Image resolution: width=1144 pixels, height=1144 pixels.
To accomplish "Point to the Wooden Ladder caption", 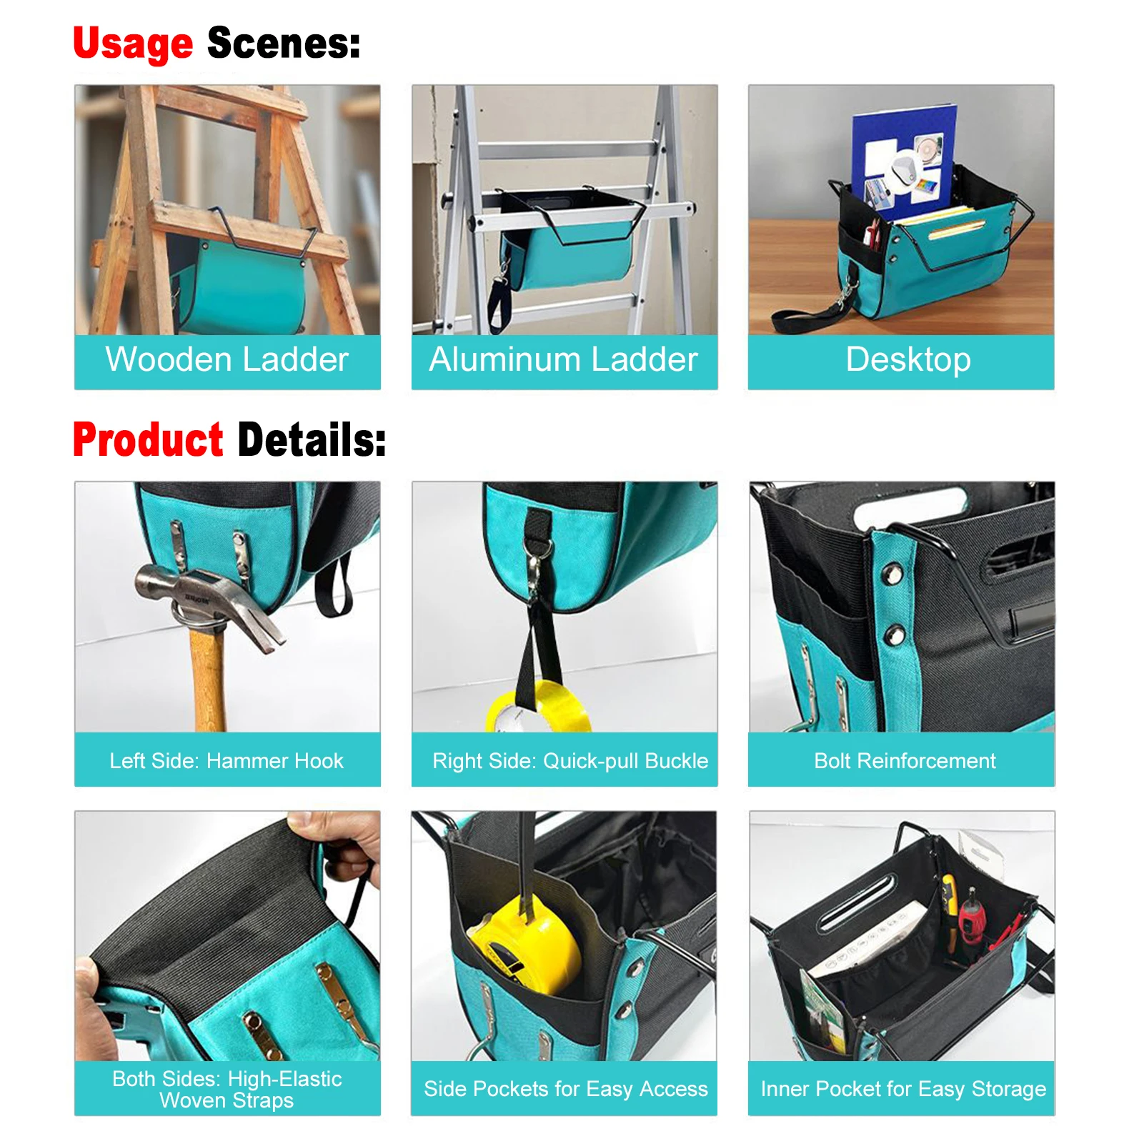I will click(x=227, y=359).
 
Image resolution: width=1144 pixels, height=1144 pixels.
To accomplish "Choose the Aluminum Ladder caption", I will click(x=563, y=359).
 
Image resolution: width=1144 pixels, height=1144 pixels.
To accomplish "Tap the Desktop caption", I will click(x=907, y=359).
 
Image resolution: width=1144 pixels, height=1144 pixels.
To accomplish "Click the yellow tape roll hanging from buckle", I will click(x=539, y=707).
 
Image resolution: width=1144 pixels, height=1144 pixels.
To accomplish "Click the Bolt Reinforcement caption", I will click(x=904, y=761).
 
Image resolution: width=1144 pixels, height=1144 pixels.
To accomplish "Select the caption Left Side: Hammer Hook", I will click(x=227, y=761).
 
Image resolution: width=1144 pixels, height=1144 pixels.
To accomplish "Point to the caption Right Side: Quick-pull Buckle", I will click(x=569, y=761).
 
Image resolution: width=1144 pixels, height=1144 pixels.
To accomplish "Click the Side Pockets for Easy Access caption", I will click(x=565, y=1089).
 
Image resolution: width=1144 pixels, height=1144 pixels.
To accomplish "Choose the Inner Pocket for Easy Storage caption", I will click(x=902, y=1089).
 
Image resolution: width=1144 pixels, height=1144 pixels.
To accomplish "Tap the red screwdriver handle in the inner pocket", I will click(x=971, y=918).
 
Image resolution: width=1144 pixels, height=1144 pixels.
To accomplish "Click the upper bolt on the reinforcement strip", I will click(x=892, y=572).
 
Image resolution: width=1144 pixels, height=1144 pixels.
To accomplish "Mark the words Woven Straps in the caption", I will click(x=227, y=1100).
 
